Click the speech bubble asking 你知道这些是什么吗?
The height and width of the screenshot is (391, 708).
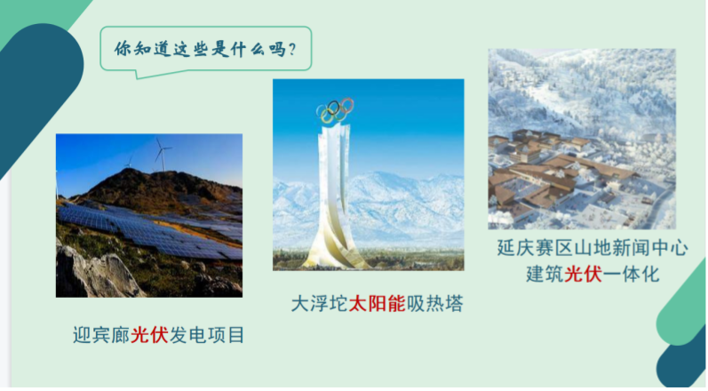coord(205,50)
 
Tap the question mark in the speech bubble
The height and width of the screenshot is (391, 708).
coord(292,49)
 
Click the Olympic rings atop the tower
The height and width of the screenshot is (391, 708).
coord(335,110)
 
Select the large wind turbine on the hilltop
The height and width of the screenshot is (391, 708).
coord(161,155)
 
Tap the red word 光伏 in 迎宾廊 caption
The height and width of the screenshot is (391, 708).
coord(149,335)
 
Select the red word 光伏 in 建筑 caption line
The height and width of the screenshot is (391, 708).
coord(583,274)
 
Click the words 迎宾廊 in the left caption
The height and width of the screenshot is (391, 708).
coord(101,335)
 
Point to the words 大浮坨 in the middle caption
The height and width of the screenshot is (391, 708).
coord(320,304)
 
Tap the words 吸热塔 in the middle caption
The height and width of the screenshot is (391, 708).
coord(434,304)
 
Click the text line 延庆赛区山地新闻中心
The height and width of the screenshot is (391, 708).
coord(593,248)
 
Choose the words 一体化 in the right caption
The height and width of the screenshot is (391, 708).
coord(631,274)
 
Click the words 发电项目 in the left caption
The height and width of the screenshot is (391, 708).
coord(207,335)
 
